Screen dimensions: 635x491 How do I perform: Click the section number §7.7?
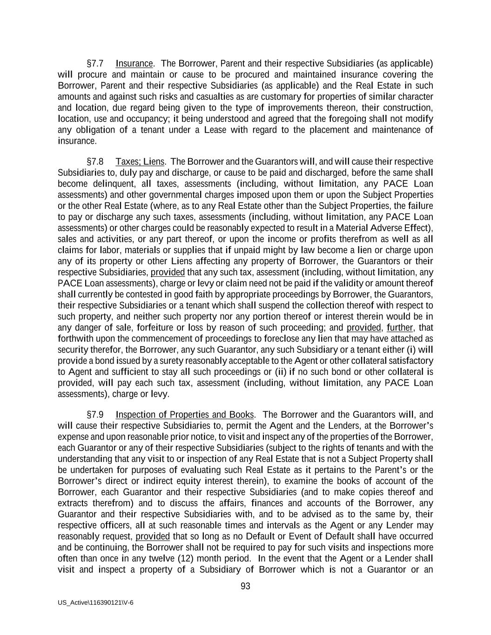95,63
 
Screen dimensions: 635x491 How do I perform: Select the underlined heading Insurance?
134,63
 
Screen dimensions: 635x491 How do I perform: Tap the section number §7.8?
95,161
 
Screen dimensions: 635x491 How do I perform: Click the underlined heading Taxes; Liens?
140,161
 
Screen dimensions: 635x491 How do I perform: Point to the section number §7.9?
95,414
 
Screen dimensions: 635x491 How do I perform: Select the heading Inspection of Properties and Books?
185,414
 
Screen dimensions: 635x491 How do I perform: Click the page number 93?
245,586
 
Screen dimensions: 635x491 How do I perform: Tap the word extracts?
72,503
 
